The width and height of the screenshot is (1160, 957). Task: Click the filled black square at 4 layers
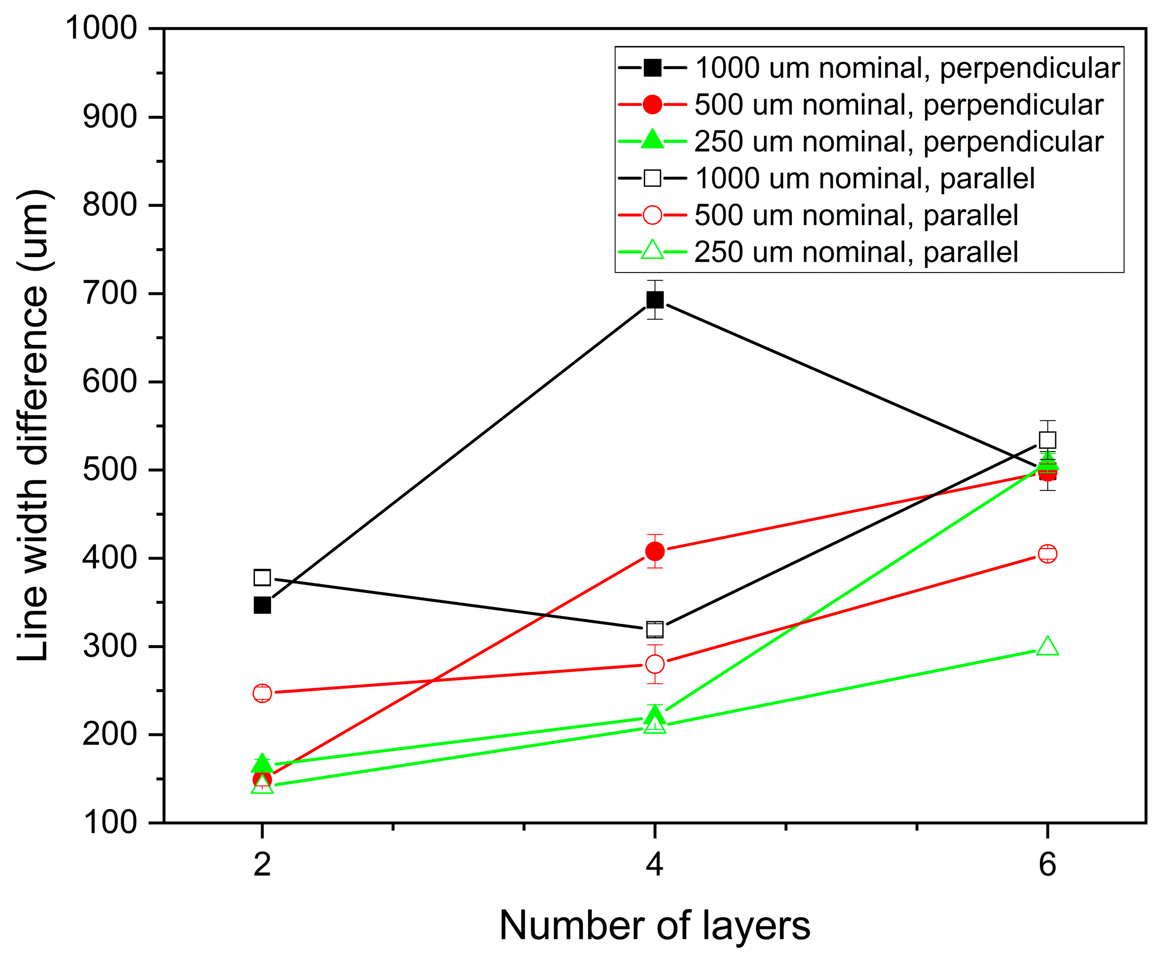pyautogui.click(x=655, y=300)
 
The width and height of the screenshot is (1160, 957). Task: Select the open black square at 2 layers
pyautogui.click(x=262, y=578)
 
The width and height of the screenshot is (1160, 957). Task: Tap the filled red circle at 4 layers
pyautogui.click(x=655, y=551)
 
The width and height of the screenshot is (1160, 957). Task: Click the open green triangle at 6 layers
pyautogui.click(x=1047, y=647)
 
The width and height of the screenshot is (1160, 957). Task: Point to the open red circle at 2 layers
pyautogui.click(x=262, y=693)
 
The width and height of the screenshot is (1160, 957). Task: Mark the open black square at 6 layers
pyautogui.click(x=1047, y=440)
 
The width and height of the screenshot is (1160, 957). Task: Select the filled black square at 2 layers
pyautogui.click(x=262, y=605)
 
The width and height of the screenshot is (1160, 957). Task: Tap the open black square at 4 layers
pyautogui.click(x=655, y=629)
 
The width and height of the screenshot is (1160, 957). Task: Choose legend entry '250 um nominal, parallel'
pyautogui.click(x=856, y=252)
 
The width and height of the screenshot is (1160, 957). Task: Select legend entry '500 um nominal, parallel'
pyautogui.click(x=856, y=215)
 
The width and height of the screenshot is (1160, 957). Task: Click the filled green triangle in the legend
pyautogui.click(x=652, y=140)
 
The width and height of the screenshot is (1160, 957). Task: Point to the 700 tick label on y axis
pyautogui.click(x=109, y=293)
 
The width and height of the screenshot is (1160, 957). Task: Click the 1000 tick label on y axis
pyautogui.click(x=101, y=27)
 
